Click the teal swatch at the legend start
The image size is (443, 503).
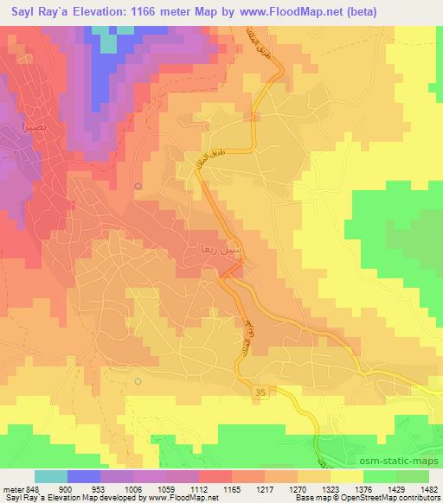tap(50, 476)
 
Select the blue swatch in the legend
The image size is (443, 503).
tap(84, 476)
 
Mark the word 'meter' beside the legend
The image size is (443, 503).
tap(15, 488)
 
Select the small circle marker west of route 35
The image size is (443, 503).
tap(138, 380)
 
